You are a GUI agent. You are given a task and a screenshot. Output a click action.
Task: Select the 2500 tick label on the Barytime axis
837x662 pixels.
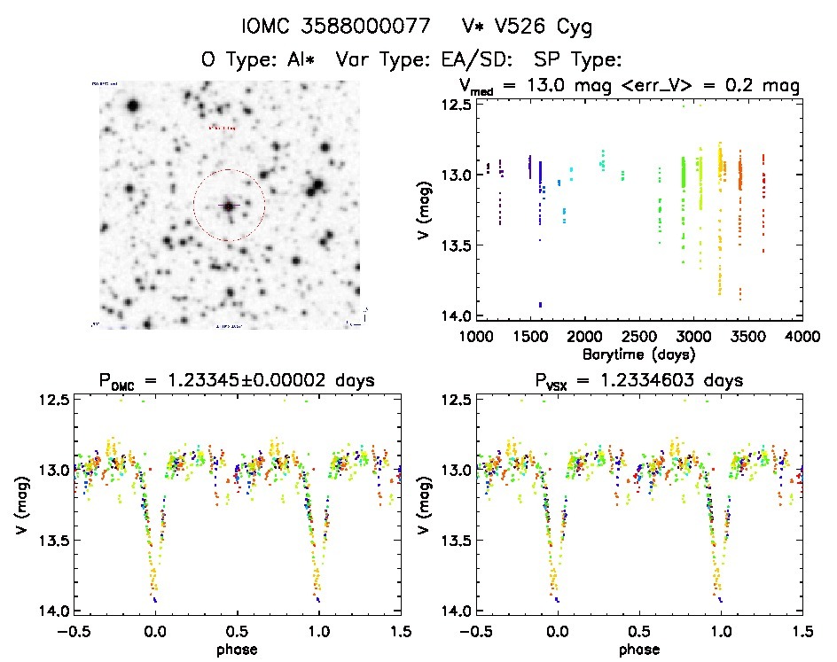click(x=638, y=338)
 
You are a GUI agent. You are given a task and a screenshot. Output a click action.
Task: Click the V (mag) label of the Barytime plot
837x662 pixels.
click(x=424, y=211)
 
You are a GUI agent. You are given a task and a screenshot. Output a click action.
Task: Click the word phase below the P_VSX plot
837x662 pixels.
click(x=639, y=649)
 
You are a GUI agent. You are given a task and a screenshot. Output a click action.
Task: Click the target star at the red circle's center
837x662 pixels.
click(x=229, y=206)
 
